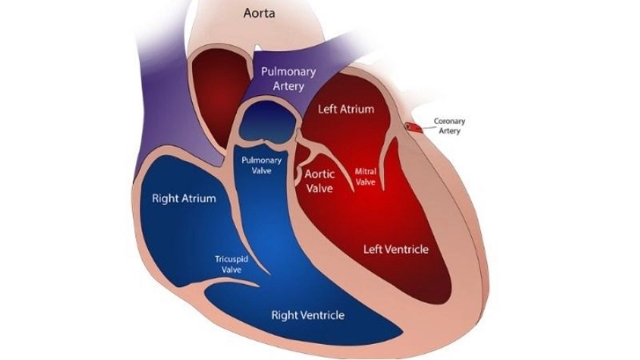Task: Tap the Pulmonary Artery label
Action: point(290,78)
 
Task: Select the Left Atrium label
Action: point(346,109)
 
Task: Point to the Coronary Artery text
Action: point(449,126)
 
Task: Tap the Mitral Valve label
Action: point(366,176)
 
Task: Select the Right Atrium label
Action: point(184,198)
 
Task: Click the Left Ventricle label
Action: point(396,250)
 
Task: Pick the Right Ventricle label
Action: point(308,314)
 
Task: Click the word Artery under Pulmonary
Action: point(290,86)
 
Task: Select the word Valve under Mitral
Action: point(366,182)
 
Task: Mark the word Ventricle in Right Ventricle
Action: point(323,314)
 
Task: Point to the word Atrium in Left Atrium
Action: point(358,109)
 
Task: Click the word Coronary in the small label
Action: point(449,121)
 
